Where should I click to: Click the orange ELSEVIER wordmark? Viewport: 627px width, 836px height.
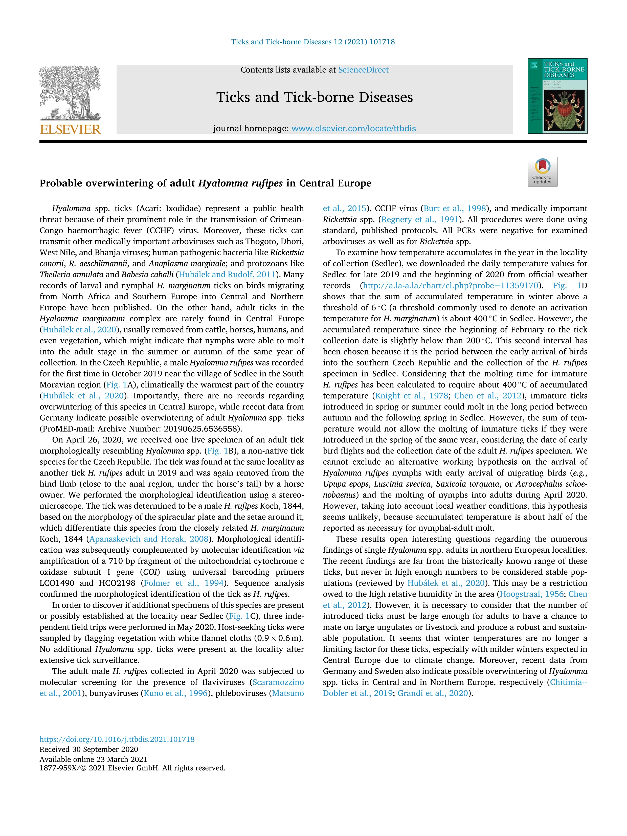(70, 130)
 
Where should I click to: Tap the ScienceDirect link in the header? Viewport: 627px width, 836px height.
(363, 70)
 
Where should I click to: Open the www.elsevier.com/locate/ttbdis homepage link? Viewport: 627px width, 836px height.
(354, 128)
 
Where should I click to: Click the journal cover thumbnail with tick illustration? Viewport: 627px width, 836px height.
(557, 96)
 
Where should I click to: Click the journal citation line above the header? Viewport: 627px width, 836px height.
(313, 42)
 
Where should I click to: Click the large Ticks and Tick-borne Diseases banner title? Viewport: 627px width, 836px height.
(315, 98)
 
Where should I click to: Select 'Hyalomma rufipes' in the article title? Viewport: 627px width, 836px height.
(240, 183)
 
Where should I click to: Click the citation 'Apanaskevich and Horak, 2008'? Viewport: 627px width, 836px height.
(149, 539)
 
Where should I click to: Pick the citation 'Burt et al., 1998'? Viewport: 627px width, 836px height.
(455, 209)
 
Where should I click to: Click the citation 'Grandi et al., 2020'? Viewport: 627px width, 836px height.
(433, 693)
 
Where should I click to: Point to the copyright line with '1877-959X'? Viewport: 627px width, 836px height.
(132, 768)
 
